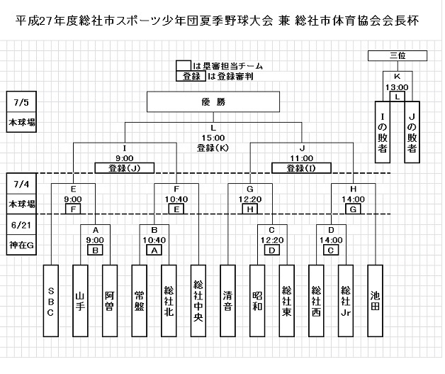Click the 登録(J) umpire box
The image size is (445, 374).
tap(124, 168)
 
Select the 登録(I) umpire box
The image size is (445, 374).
tap(302, 168)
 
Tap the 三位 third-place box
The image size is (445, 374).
tap(398, 55)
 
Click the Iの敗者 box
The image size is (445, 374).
tap(383, 131)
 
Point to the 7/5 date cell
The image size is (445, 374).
tap(21, 99)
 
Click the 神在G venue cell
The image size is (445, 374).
tap(21, 245)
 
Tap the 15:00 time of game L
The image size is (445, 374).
tap(213, 138)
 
